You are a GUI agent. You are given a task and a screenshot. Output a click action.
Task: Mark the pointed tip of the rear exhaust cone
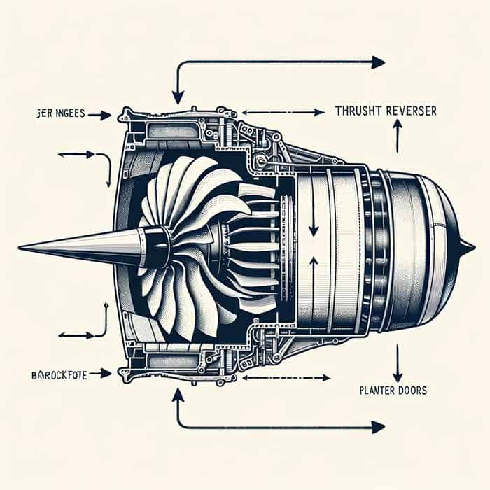tap(472, 246)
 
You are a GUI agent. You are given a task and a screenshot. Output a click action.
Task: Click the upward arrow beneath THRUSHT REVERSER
tap(398, 136)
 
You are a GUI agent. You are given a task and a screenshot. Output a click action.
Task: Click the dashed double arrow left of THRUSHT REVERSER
tap(283, 112)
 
